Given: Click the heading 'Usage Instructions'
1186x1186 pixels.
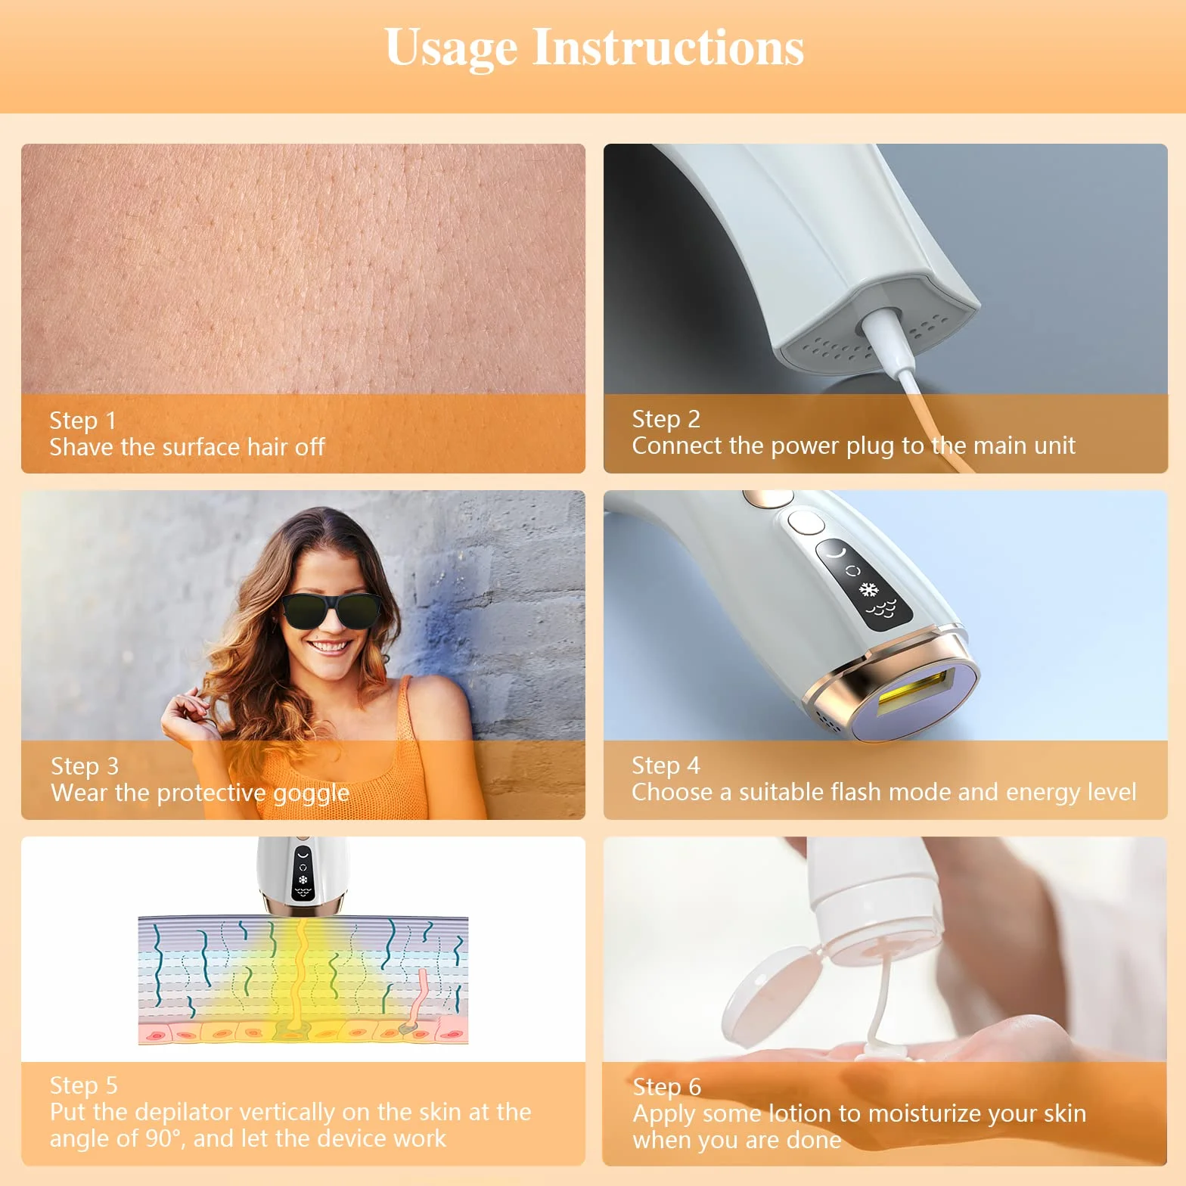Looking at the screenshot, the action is [594, 48].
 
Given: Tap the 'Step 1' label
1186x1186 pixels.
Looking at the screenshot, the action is [83, 421].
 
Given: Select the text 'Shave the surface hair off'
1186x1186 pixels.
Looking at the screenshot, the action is [187, 447].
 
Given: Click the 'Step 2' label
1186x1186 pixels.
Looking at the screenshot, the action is [666, 419].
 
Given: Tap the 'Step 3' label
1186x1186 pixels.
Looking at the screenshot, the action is [85, 766].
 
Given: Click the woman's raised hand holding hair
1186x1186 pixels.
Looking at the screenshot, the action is [185, 719].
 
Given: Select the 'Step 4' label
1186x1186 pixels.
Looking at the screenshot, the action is [666, 765].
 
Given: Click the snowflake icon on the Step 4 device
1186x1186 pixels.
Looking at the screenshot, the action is [870, 588].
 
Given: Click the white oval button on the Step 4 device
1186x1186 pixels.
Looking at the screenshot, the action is [806, 523].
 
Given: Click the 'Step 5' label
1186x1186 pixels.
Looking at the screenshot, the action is [83, 1085].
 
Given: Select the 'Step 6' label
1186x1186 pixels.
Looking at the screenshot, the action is [667, 1087].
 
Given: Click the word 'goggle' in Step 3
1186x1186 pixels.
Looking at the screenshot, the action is [311, 793].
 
